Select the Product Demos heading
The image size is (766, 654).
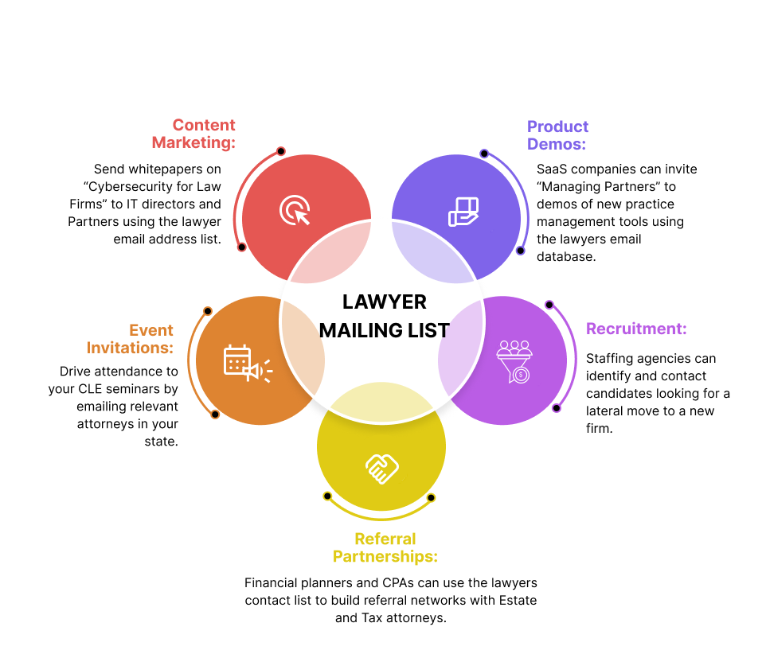pyautogui.click(x=557, y=135)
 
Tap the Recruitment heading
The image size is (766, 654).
pyautogui.click(x=636, y=329)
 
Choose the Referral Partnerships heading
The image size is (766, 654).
pyautogui.click(x=385, y=547)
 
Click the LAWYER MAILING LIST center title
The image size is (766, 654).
pyautogui.click(x=385, y=316)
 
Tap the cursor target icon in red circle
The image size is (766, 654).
pyautogui.click(x=295, y=211)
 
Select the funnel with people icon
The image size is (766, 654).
pyautogui.click(x=514, y=362)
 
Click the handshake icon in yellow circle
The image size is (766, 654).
pyautogui.click(x=381, y=469)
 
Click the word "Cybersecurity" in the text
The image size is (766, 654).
pyautogui.click(x=131, y=187)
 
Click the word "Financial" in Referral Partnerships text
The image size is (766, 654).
pyautogui.click(x=272, y=583)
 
